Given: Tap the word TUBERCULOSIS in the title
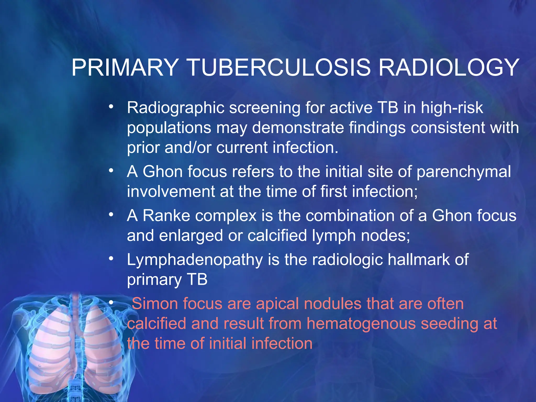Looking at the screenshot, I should pos(279,68).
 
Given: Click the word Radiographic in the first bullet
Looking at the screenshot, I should pos(176,108).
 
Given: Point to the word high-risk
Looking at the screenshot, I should pos(452,108).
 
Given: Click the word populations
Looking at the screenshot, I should pos(169,128).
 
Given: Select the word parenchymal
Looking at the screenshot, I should pos(464,172).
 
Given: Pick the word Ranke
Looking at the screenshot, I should pos(166,216).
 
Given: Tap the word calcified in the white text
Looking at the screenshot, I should pos(277,235).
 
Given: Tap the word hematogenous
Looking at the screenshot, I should pos(361,323).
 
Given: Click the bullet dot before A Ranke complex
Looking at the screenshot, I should pos(111,215).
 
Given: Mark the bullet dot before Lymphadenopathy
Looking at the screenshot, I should pos(111,259).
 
